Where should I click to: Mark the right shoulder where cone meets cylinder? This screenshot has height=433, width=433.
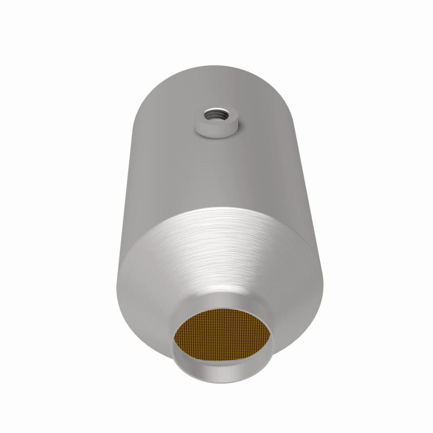pyautogui.click(x=317, y=254)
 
